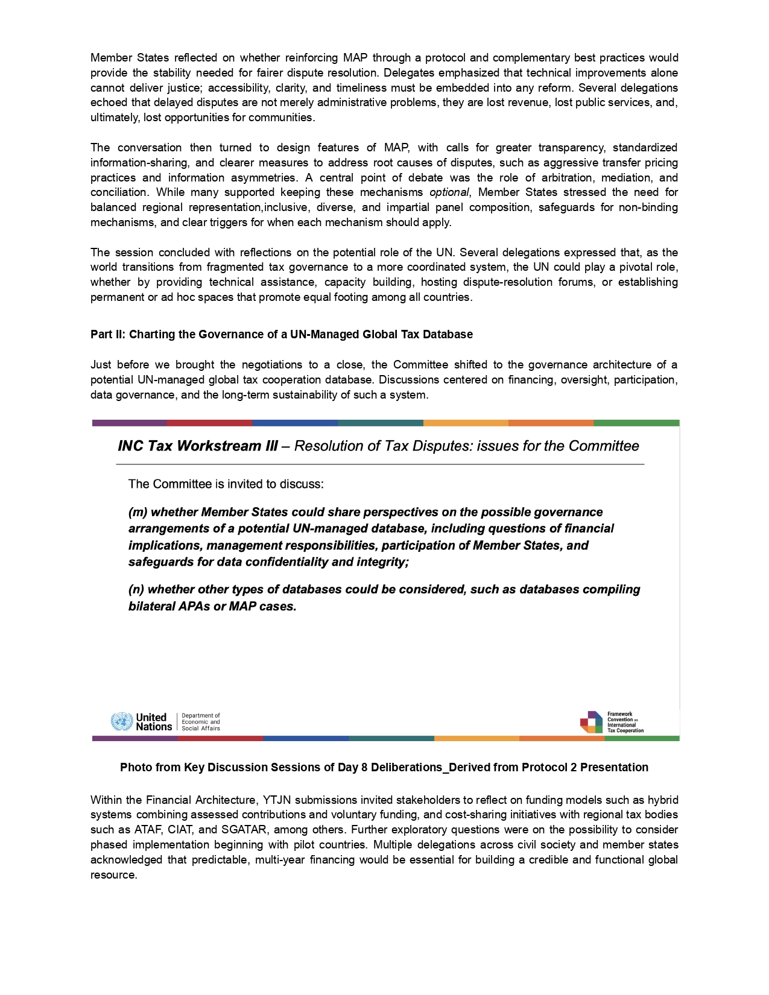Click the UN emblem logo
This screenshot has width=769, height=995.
[x=121, y=721]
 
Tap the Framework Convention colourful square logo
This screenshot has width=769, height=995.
[x=591, y=722]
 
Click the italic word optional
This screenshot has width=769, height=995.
[x=448, y=192]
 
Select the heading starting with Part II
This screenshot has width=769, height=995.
[x=281, y=334]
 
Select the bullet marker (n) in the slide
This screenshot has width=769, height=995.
[x=136, y=589]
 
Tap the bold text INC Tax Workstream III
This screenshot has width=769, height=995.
[x=198, y=446]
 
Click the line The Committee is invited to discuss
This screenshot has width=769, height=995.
[x=226, y=484]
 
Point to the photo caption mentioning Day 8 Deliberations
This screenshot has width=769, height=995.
[x=384, y=767]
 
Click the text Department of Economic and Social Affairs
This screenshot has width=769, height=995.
[x=201, y=722]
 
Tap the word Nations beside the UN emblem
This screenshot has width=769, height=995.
[x=153, y=727]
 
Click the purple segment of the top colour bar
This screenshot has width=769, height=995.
[x=129, y=423]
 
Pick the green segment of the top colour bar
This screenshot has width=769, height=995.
[x=636, y=423]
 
